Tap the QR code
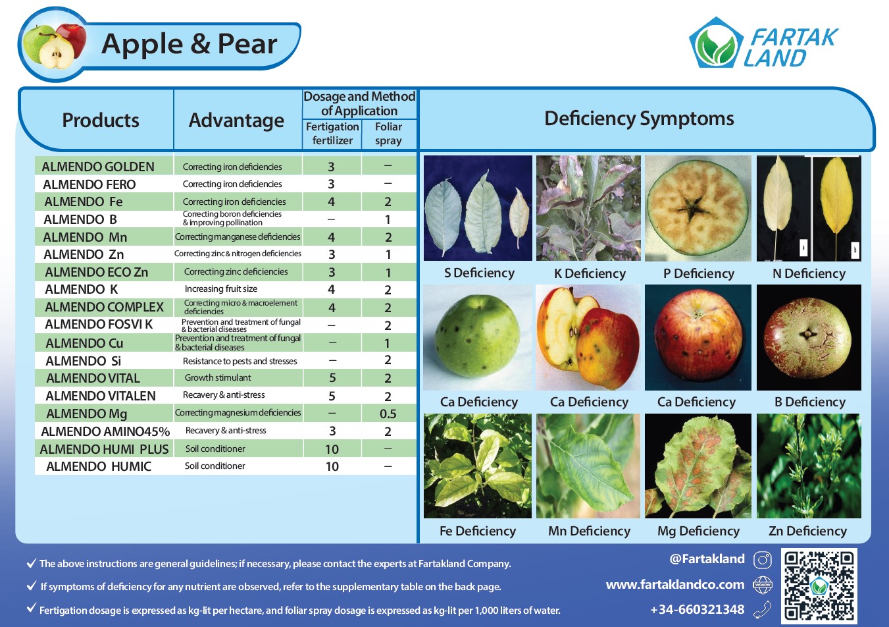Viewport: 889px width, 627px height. point(819,586)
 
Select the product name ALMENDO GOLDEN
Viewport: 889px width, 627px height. point(98,167)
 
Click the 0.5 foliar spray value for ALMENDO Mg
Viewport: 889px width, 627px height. point(388,414)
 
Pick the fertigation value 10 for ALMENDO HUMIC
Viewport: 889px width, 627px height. point(332,466)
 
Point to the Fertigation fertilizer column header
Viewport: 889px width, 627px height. point(332,134)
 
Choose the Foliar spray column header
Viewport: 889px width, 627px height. point(388,134)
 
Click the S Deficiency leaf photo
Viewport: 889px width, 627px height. point(478,208)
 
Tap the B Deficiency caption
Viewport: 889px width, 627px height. point(809,402)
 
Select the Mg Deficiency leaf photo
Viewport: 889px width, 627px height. point(698,466)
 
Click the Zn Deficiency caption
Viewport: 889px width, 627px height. point(807,531)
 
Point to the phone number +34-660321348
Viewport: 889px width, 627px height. point(698,609)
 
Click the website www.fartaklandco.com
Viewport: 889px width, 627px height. point(675,584)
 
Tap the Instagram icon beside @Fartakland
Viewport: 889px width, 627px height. point(763,560)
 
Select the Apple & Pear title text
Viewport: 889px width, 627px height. point(190,43)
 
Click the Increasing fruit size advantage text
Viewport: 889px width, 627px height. point(220,289)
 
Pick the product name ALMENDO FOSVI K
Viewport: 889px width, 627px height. point(99,324)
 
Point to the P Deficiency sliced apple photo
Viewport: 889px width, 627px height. point(698,208)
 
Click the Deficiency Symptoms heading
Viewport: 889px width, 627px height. point(639,119)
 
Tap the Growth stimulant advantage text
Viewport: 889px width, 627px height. point(218,377)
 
